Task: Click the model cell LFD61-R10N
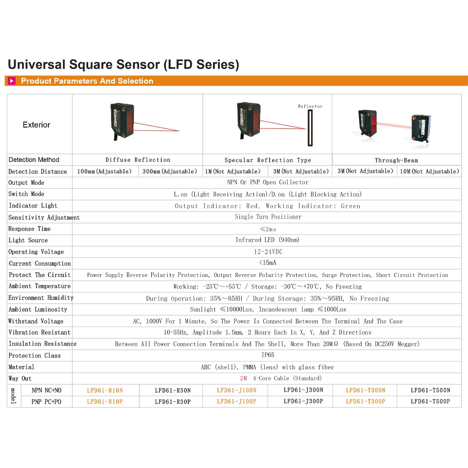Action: (105, 390)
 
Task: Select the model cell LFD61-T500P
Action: (430, 402)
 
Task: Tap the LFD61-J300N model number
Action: (303, 390)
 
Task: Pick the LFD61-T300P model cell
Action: (365, 402)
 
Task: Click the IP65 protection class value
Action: (268, 355)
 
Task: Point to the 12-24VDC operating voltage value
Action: (268, 251)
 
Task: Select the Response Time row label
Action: (29, 229)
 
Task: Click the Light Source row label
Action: (28, 240)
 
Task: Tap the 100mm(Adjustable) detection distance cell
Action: (105, 171)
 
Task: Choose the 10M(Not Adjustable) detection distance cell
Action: (429, 171)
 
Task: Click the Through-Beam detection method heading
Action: (396, 160)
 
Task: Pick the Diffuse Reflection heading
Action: (138, 160)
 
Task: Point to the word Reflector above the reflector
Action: (310, 106)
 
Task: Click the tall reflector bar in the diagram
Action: (311, 128)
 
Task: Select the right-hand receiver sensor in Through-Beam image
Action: (421, 128)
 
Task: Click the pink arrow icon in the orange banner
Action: (12, 81)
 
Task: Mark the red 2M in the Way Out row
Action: (243, 378)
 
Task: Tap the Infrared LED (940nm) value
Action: (268, 240)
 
